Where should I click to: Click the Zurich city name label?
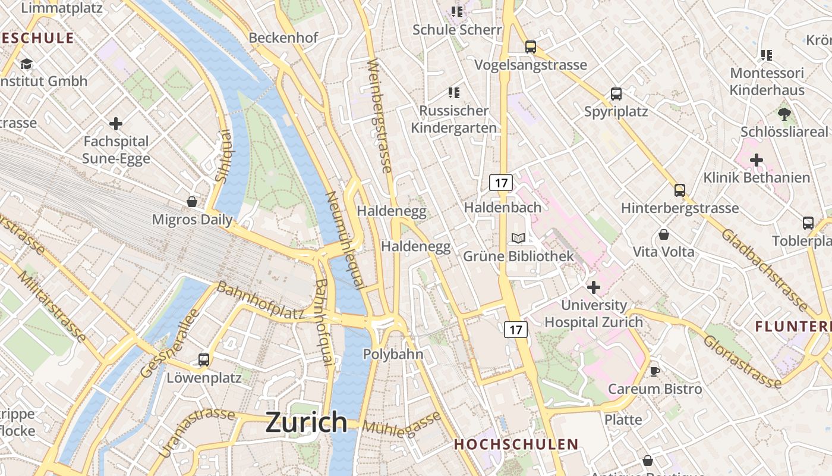pos(306,422)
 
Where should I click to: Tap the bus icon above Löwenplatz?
pos(204,359)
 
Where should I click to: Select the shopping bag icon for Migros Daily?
pos(192,202)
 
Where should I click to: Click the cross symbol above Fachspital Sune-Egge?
pos(116,124)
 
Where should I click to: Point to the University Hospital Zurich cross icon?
pos(593,287)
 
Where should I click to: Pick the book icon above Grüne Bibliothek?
pos(518,238)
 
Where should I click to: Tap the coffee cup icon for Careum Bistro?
pos(654,371)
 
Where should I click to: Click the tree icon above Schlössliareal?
pos(784,114)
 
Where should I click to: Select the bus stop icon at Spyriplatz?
pos(616,94)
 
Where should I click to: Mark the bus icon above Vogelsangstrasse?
pos(531,47)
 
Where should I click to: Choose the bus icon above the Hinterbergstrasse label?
pos(680,190)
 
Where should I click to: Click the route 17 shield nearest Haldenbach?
pos(501,183)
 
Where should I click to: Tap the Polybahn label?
pos(393,355)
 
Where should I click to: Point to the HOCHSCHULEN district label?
pos(516,444)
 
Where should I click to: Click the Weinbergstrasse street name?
pos(380,116)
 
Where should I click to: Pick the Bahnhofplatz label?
pos(260,301)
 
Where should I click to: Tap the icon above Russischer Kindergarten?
pos(455,93)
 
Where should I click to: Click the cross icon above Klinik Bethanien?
pos(756,160)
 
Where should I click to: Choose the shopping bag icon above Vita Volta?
pos(663,234)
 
